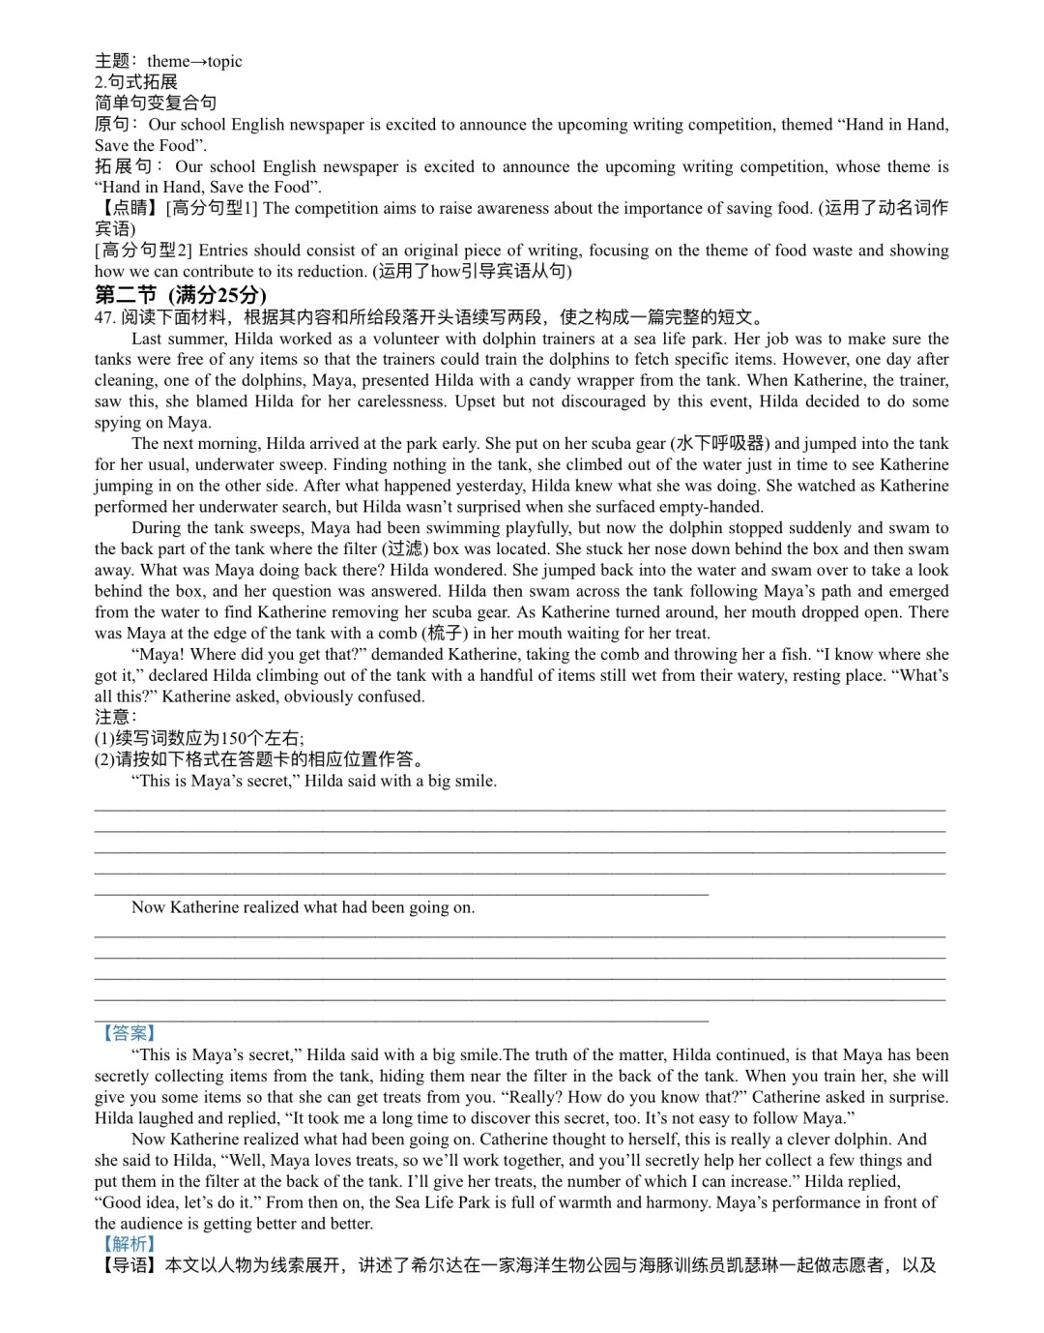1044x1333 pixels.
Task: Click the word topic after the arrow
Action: (x=224, y=61)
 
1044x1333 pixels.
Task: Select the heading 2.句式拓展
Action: (x=136, y=82)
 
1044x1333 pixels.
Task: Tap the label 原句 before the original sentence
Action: (x=112, y=125)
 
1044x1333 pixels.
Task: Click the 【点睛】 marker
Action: (x=129, y=208)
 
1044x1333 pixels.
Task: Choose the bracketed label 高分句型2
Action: (x=145, y=251)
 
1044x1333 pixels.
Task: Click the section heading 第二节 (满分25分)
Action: (x=180, y=295)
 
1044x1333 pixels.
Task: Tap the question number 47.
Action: (x=105, y=317)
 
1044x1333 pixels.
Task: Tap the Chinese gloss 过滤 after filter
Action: (x=406, y=548)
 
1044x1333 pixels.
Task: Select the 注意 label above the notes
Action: (x=114, y=717)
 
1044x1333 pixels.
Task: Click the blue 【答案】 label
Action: (x=129, y=1033)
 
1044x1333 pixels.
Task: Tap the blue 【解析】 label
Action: (x=129, y=1244)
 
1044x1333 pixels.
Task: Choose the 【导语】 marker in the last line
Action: (x=129, y=1265)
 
